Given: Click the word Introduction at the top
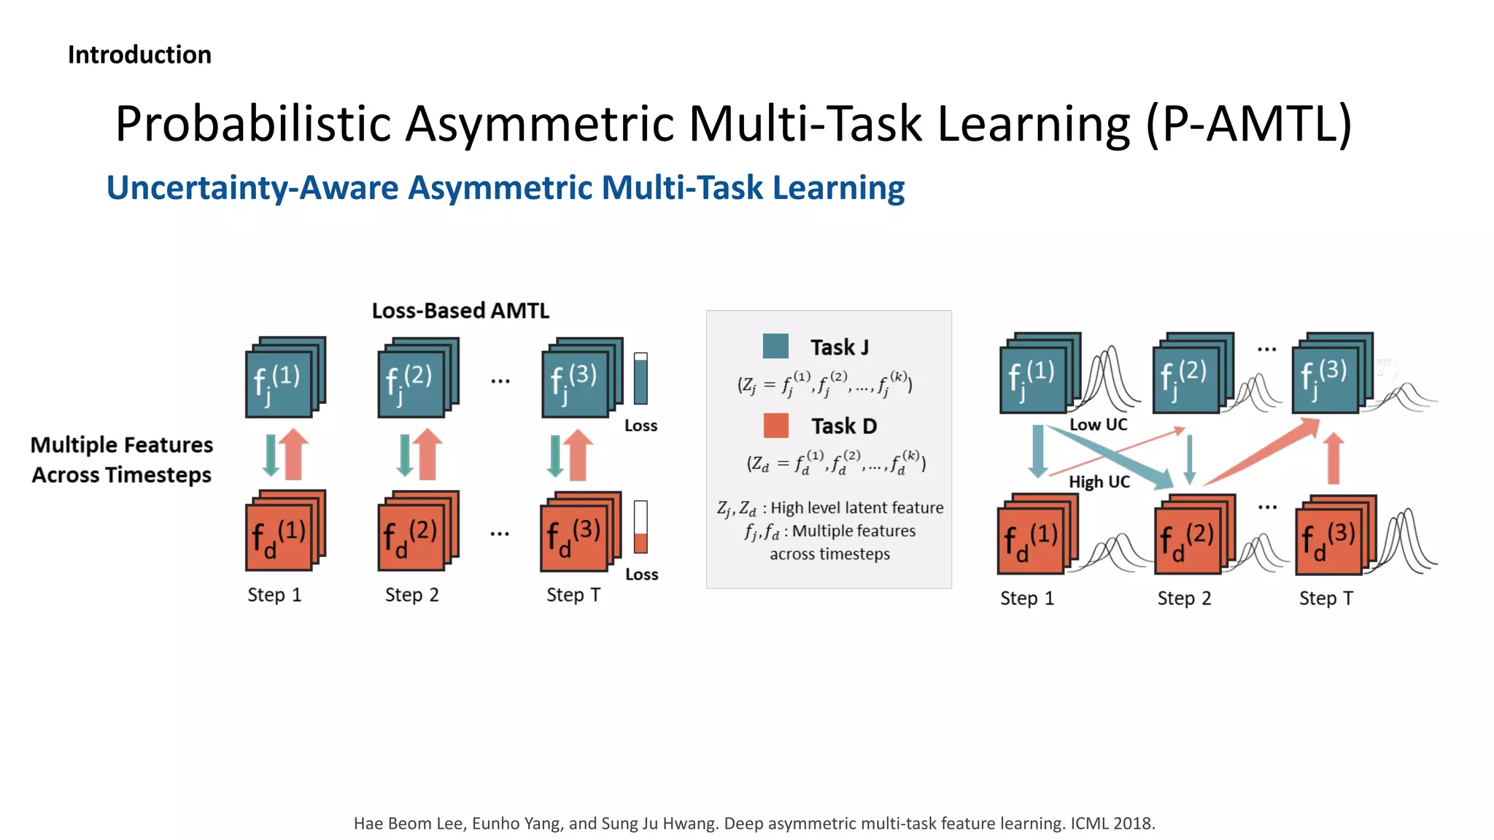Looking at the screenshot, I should point(139,55).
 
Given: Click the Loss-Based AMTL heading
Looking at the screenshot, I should point(460,311).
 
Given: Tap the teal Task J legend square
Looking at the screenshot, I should point(775,346).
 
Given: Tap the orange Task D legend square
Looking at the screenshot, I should point(775,425).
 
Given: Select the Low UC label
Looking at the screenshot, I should point(1098,424).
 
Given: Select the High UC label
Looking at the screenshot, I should point(1099,482).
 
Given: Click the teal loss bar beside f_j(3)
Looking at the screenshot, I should point(640,378).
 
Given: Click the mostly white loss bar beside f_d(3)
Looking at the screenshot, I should point(640,526).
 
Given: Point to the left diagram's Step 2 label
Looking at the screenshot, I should point(411,595).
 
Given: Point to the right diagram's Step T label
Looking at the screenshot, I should point(1325,599).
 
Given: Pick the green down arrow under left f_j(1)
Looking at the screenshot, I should point(271,455).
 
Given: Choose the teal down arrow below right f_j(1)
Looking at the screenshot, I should point(1037,451).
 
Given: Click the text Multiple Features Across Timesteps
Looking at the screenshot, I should point(122,459).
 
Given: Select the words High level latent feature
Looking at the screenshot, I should point(856,507).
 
